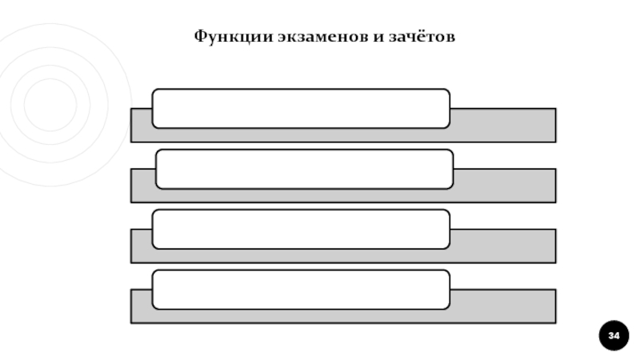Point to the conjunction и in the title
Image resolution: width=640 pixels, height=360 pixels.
click(375, 38)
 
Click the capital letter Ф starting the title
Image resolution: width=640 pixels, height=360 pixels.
click(199, 37)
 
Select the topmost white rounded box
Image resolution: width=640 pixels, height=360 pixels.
click(301, 109)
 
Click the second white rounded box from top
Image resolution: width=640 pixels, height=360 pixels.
click(304, 169)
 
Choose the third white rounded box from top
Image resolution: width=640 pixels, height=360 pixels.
click(301, 229)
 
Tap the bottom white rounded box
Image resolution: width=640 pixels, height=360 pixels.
click(301, 290)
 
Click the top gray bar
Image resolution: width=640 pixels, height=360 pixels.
click(504, 126)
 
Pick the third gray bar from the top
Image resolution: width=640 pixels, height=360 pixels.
click(504, 246)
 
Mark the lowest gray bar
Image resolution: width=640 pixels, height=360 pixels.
click(504, 306)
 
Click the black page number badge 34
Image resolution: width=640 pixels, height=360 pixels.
click(614, 335)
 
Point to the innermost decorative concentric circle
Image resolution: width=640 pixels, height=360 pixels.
click(50, 104)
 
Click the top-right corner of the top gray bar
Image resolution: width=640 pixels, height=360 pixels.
click(555, 109)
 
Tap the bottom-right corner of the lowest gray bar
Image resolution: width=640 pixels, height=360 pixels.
click(555, 322)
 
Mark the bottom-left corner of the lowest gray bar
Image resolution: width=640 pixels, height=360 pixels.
click(131, 322)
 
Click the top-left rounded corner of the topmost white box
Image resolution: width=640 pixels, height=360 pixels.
click(155, 92)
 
